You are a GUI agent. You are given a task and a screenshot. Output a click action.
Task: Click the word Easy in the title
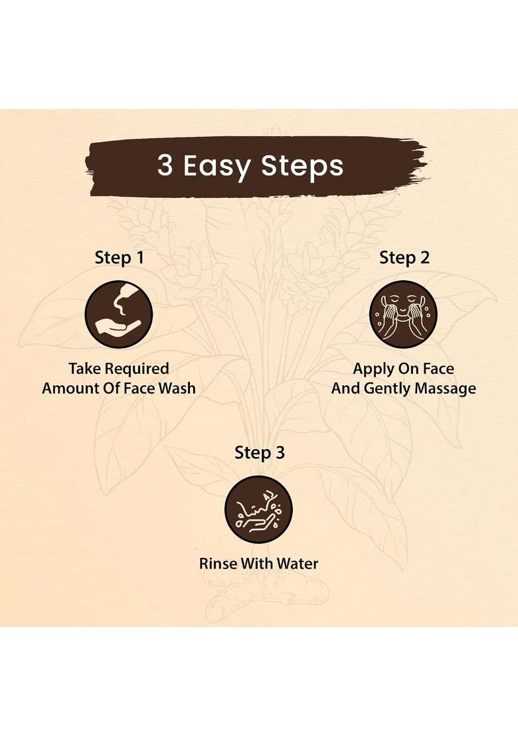click(x=216, y=166)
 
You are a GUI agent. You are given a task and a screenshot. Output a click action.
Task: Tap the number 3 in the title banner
click(x=165, y=165)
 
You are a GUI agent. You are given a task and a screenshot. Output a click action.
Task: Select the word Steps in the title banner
click(x=302, y=166)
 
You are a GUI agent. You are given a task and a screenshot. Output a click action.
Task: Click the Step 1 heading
click(x=119, y=257)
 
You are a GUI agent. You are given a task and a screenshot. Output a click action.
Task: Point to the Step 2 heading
click(x=404, y=257)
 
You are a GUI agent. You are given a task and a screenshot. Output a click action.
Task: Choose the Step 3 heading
click(x=260, y=452)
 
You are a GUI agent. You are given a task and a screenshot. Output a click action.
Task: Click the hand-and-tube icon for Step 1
click(x=119, y=314)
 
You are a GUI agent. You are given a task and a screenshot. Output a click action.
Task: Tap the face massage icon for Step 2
click(x=403, y=314)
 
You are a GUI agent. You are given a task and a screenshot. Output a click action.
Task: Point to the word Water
click(x=298, y=563)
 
